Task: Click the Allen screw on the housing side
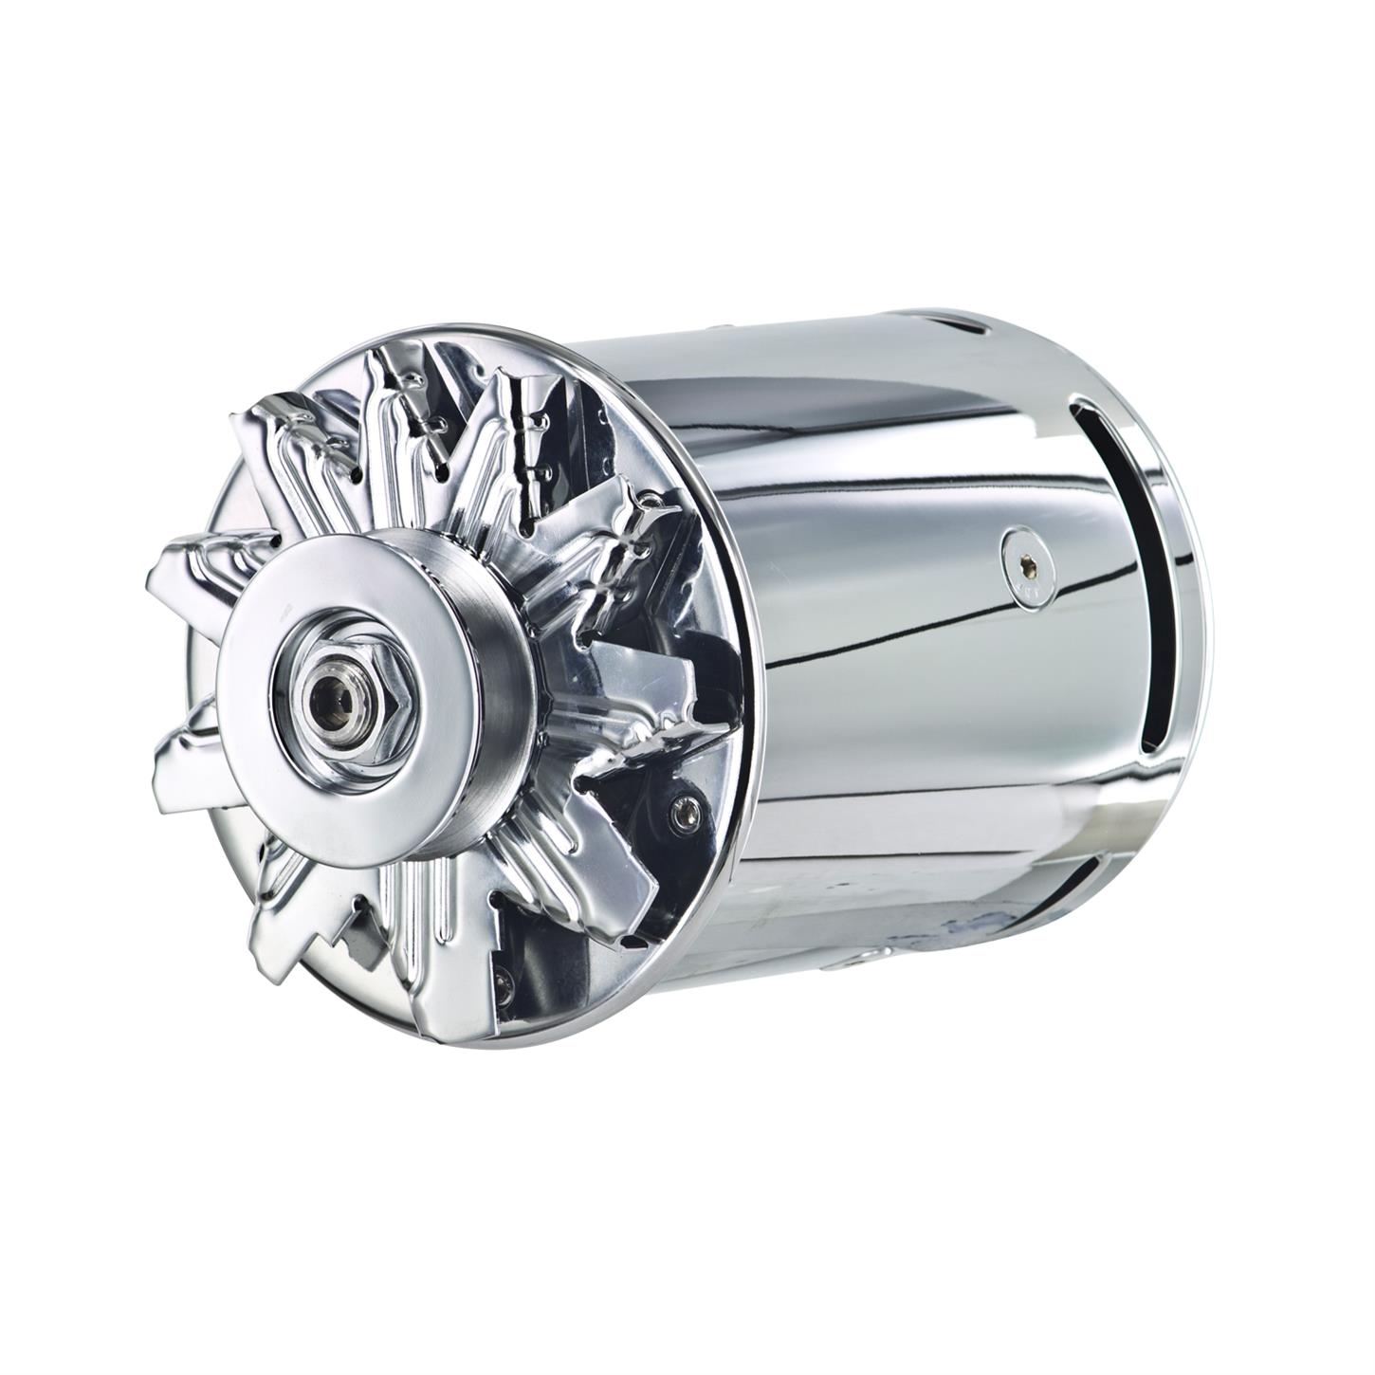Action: pyautogui.click(x=1025, y=570)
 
